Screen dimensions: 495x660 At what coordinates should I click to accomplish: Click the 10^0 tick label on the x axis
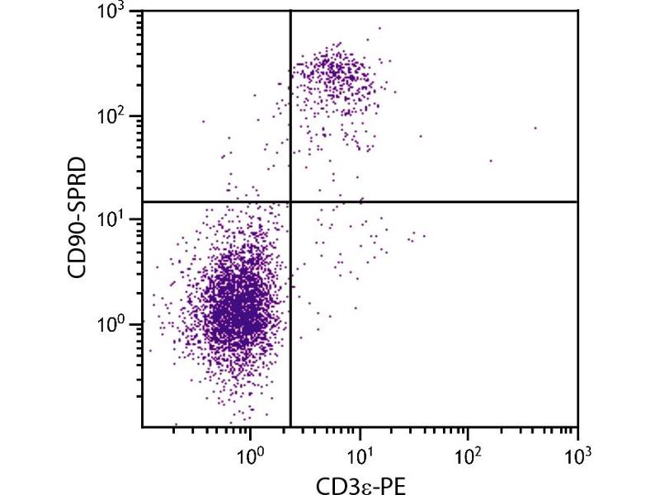click(251, 452)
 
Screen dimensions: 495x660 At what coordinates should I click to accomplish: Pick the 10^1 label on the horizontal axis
click(360, 452)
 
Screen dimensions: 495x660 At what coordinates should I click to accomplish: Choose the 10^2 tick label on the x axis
click(469, 452)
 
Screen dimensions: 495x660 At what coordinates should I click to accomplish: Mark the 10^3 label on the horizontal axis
click(577, 452)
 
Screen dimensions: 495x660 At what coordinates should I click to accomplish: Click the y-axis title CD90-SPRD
click(79, 219)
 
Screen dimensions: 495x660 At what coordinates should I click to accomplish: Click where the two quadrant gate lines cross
click(290, 201)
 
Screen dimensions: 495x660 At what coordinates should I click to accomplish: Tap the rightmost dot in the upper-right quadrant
click(535, 128)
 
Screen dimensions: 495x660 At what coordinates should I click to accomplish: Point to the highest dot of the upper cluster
click(379, 28)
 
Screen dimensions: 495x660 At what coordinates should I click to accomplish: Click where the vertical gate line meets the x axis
click(290, 427)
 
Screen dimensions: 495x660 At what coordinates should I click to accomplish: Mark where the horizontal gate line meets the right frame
click(577, 201)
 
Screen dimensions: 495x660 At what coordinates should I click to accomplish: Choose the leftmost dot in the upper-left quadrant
click(204, 121)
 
